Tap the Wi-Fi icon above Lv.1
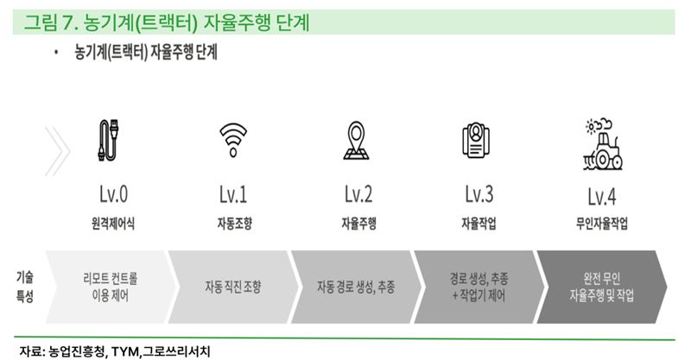point(233,140)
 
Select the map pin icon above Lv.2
point(356,140)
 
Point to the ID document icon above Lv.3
point(476,140)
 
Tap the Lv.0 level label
point(113,194)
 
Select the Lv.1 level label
point(233,194)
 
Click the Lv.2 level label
point(358,194)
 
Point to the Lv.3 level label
point(479,194)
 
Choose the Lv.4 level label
point(601,197)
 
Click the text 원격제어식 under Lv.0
point(113,224)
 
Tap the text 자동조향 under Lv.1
point(234,224)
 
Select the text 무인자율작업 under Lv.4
point(601,224)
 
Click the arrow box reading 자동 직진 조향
point(233,287)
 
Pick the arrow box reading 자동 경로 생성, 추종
point(356,287)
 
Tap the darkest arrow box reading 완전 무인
point(601,287)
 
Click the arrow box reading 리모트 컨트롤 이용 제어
point(111,287)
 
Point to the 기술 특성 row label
point(25,287)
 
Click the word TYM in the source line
point(125,351)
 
